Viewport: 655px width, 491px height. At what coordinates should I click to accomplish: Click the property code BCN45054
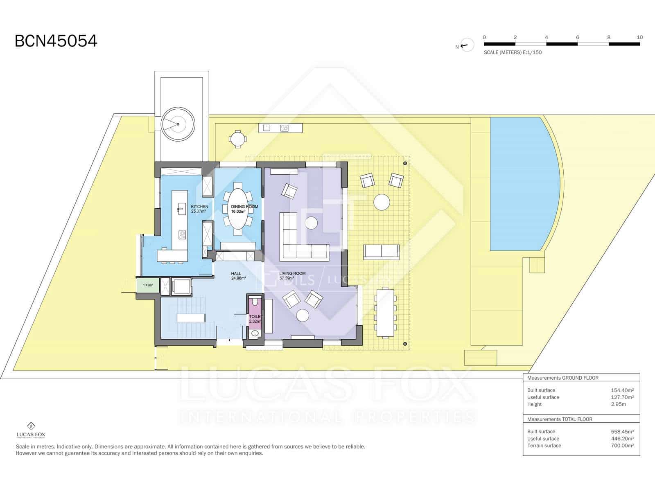click(x=56, y=41)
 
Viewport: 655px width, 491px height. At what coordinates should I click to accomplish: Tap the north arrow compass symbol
click(x=466, y=45)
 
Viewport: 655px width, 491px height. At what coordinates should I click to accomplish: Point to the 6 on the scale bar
click(x=578, y=37)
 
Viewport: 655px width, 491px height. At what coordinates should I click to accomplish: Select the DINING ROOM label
click(x=244, y=207)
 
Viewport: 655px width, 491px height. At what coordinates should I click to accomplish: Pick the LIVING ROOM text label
click(x=292, y=273)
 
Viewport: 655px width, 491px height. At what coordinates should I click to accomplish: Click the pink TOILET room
click(x=255, y=315)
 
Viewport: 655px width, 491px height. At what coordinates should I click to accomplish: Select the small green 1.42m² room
click(x=148, y=285)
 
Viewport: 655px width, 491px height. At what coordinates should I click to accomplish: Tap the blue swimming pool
click(x=524, y=184)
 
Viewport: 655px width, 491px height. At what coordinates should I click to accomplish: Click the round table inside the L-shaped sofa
click(x=311, y=223)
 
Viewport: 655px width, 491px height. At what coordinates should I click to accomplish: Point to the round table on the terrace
click(x=382, y=202)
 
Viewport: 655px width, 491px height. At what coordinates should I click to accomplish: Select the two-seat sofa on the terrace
click(x=381, y=252)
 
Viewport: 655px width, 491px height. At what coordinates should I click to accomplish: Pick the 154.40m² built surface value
click(x=622, y=390)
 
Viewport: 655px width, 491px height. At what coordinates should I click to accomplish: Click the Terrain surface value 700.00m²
click(x=622, y=446)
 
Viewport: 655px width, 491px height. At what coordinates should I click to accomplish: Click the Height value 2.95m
click(x=618, y=404)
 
